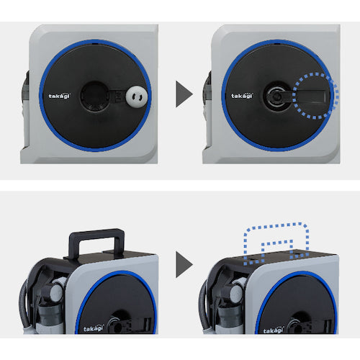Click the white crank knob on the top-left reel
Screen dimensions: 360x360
tap(137, 96)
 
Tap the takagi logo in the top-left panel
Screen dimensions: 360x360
tap(60, 96)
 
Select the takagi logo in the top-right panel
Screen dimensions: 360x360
tap(242, 96)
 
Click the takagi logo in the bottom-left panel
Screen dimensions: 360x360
tap(94, 328)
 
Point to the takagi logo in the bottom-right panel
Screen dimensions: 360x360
tap(274, 330)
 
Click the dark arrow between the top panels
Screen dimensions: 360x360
tap(184, 94)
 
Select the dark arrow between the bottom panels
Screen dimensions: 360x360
tap(184, 264)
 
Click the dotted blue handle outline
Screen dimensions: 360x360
tap(276, 225)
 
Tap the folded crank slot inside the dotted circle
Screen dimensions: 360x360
tap(311, 96)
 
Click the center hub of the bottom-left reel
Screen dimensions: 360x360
tap(117, 325)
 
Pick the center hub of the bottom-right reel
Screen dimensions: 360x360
tap(297, 326)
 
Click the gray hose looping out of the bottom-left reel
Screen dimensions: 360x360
tap(24, 305)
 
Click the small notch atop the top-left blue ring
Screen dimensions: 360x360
tap(95, 44)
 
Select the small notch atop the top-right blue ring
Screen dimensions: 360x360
tap(277, 44)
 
